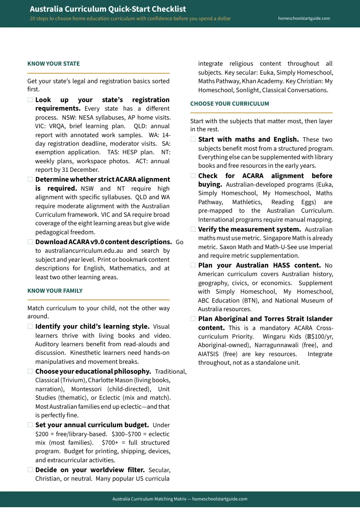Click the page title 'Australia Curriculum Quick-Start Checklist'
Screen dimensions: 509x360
pos(108,9)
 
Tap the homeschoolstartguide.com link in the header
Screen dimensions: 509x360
pos(304,18)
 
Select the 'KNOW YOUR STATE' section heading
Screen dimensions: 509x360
pos(54,64)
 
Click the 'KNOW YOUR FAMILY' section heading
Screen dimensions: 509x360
pos(55,291)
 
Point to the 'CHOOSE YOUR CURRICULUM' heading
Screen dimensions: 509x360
pos(229,104)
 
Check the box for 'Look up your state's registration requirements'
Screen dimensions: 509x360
pos(30,100)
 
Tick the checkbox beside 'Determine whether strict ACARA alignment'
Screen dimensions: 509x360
pos(30,179)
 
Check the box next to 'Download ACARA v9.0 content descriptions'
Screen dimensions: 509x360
pos(30,241)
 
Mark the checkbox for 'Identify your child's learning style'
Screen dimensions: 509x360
pos(30,326)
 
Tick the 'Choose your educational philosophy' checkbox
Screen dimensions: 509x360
pos(30,371)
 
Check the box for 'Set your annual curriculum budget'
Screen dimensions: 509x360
pos(30,425)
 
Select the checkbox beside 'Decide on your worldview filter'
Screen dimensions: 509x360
pos(30,470)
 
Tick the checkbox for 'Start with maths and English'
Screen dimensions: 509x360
pos(193,139)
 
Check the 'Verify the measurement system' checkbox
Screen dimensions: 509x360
pos(193,229)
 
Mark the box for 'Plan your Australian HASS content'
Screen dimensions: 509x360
pos(193,265)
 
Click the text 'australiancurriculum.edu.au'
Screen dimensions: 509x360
pos(80,251)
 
